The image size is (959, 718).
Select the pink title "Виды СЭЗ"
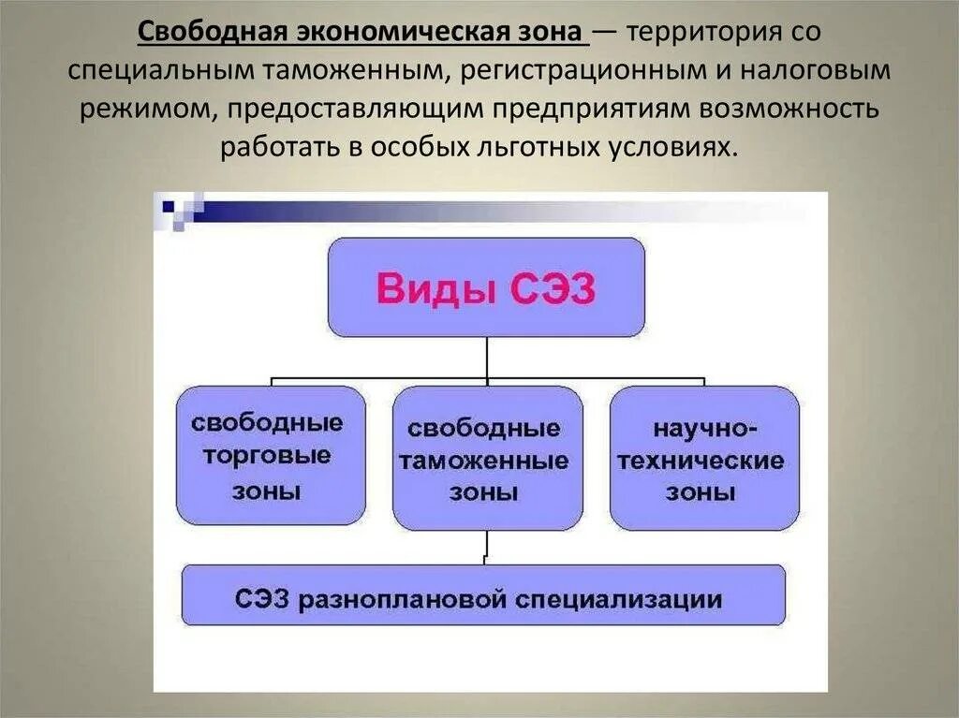pyautogui.click(x=485, y=289)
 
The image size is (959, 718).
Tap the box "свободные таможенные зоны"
pyautogui.click(x=485, y=460)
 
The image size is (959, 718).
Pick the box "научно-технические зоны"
pyautogui.click(x=704, y=460)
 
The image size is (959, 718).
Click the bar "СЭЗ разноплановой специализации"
pyautogui.click(x=483, y=595)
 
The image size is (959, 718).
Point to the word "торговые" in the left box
pyautogui.click(x=268, y=457)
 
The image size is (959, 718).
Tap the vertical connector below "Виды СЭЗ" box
pyautogui.click(x=486, y=360)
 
